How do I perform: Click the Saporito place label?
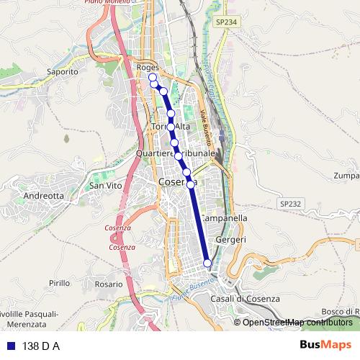point(62,72)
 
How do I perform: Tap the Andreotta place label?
point(44,195)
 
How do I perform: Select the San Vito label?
point(105,186)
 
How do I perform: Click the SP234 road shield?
point(225,23)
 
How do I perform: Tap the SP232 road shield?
point(289,204)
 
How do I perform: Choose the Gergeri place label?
point(230,240)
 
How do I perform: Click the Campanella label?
point(224,217)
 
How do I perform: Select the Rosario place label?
point(109,284)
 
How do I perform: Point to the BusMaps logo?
point(325,345)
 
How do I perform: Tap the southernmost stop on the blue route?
point(207,263)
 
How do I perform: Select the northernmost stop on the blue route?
point(152,77)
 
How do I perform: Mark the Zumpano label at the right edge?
point(346,176)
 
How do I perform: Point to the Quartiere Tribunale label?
point(176,153)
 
